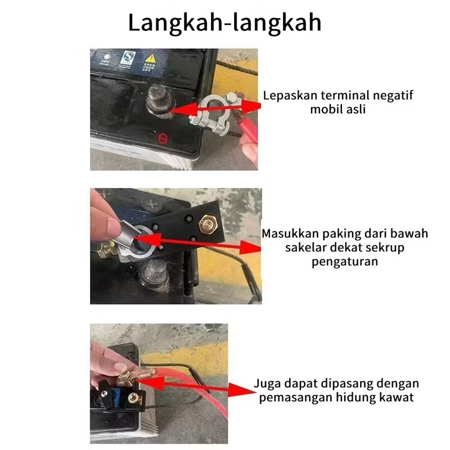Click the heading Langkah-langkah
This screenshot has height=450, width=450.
[224, 23]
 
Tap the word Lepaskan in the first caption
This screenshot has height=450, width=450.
[290, 96]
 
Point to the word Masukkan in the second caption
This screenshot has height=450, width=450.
[290, 233]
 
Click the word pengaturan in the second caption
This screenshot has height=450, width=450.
[345, 262]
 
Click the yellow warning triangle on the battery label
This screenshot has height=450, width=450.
[150, 59]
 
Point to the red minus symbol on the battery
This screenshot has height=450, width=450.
[163, 139]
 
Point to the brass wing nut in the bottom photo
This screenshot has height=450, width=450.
[126, 379]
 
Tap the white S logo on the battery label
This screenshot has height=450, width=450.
[128, 57]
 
